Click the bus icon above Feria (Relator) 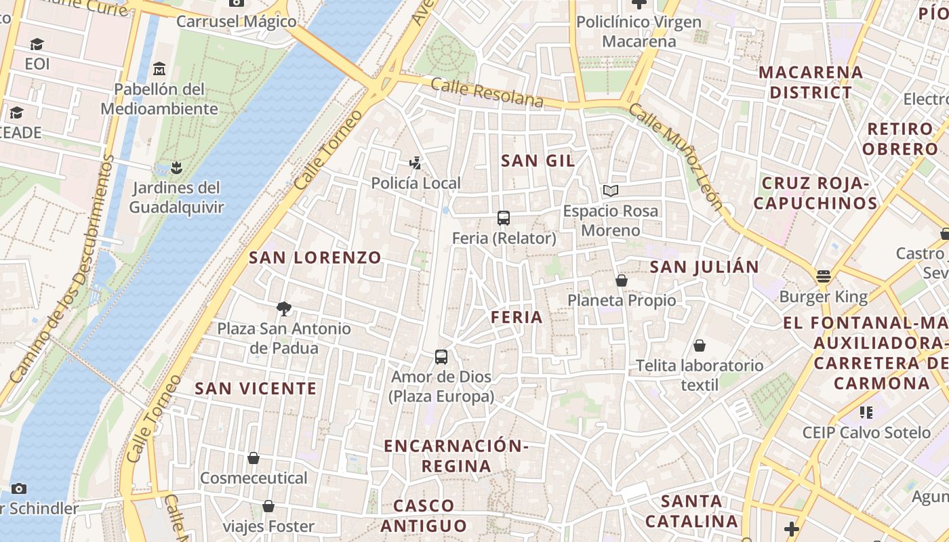coord(504,218)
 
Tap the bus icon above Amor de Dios coord(441,356)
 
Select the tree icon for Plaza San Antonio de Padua coord(284,309)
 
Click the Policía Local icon coord(416,163)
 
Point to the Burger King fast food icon coord(824,276)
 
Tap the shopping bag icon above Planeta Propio coord(622,280)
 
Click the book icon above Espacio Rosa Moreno coord(611,191)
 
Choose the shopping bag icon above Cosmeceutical coord(254,459)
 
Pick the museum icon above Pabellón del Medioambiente coord(159,68)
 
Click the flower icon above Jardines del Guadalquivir coord(176,167)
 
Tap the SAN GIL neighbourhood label coord(538,161)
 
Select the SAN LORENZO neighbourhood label coord(315,257)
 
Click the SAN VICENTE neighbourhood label coord(256,388)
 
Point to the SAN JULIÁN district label coord(704,267)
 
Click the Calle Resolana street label coord(487,93)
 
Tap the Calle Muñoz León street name coord(675,157)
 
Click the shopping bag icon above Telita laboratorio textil coord(700,346)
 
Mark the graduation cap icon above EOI coord(37,45)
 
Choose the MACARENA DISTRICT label coord(811,82)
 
